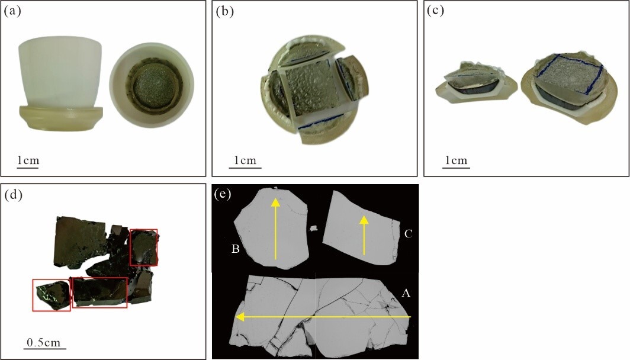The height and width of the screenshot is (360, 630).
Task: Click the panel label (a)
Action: (x=12, y=11)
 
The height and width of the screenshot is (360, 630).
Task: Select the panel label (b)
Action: (x=224, y=11)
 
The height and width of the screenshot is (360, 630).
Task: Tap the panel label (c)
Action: (x=435, y=11)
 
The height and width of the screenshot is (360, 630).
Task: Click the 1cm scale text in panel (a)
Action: (x=28, y=160)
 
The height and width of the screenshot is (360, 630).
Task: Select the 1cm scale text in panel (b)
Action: (x=245, y=160)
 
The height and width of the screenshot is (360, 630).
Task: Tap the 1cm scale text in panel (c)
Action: (x=457, y=160)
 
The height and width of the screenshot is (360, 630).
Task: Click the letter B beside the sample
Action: (x=236, y=249)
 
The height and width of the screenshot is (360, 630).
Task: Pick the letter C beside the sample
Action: (x=408, y=233)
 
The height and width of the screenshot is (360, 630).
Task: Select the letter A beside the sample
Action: (x=406, y=294)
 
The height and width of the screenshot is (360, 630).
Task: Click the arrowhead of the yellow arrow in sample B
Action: (x=275, y=202)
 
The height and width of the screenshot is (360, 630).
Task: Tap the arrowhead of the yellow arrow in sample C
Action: (x=364, y=220)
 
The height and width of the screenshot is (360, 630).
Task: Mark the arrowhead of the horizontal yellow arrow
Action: (x=240, y=317)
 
